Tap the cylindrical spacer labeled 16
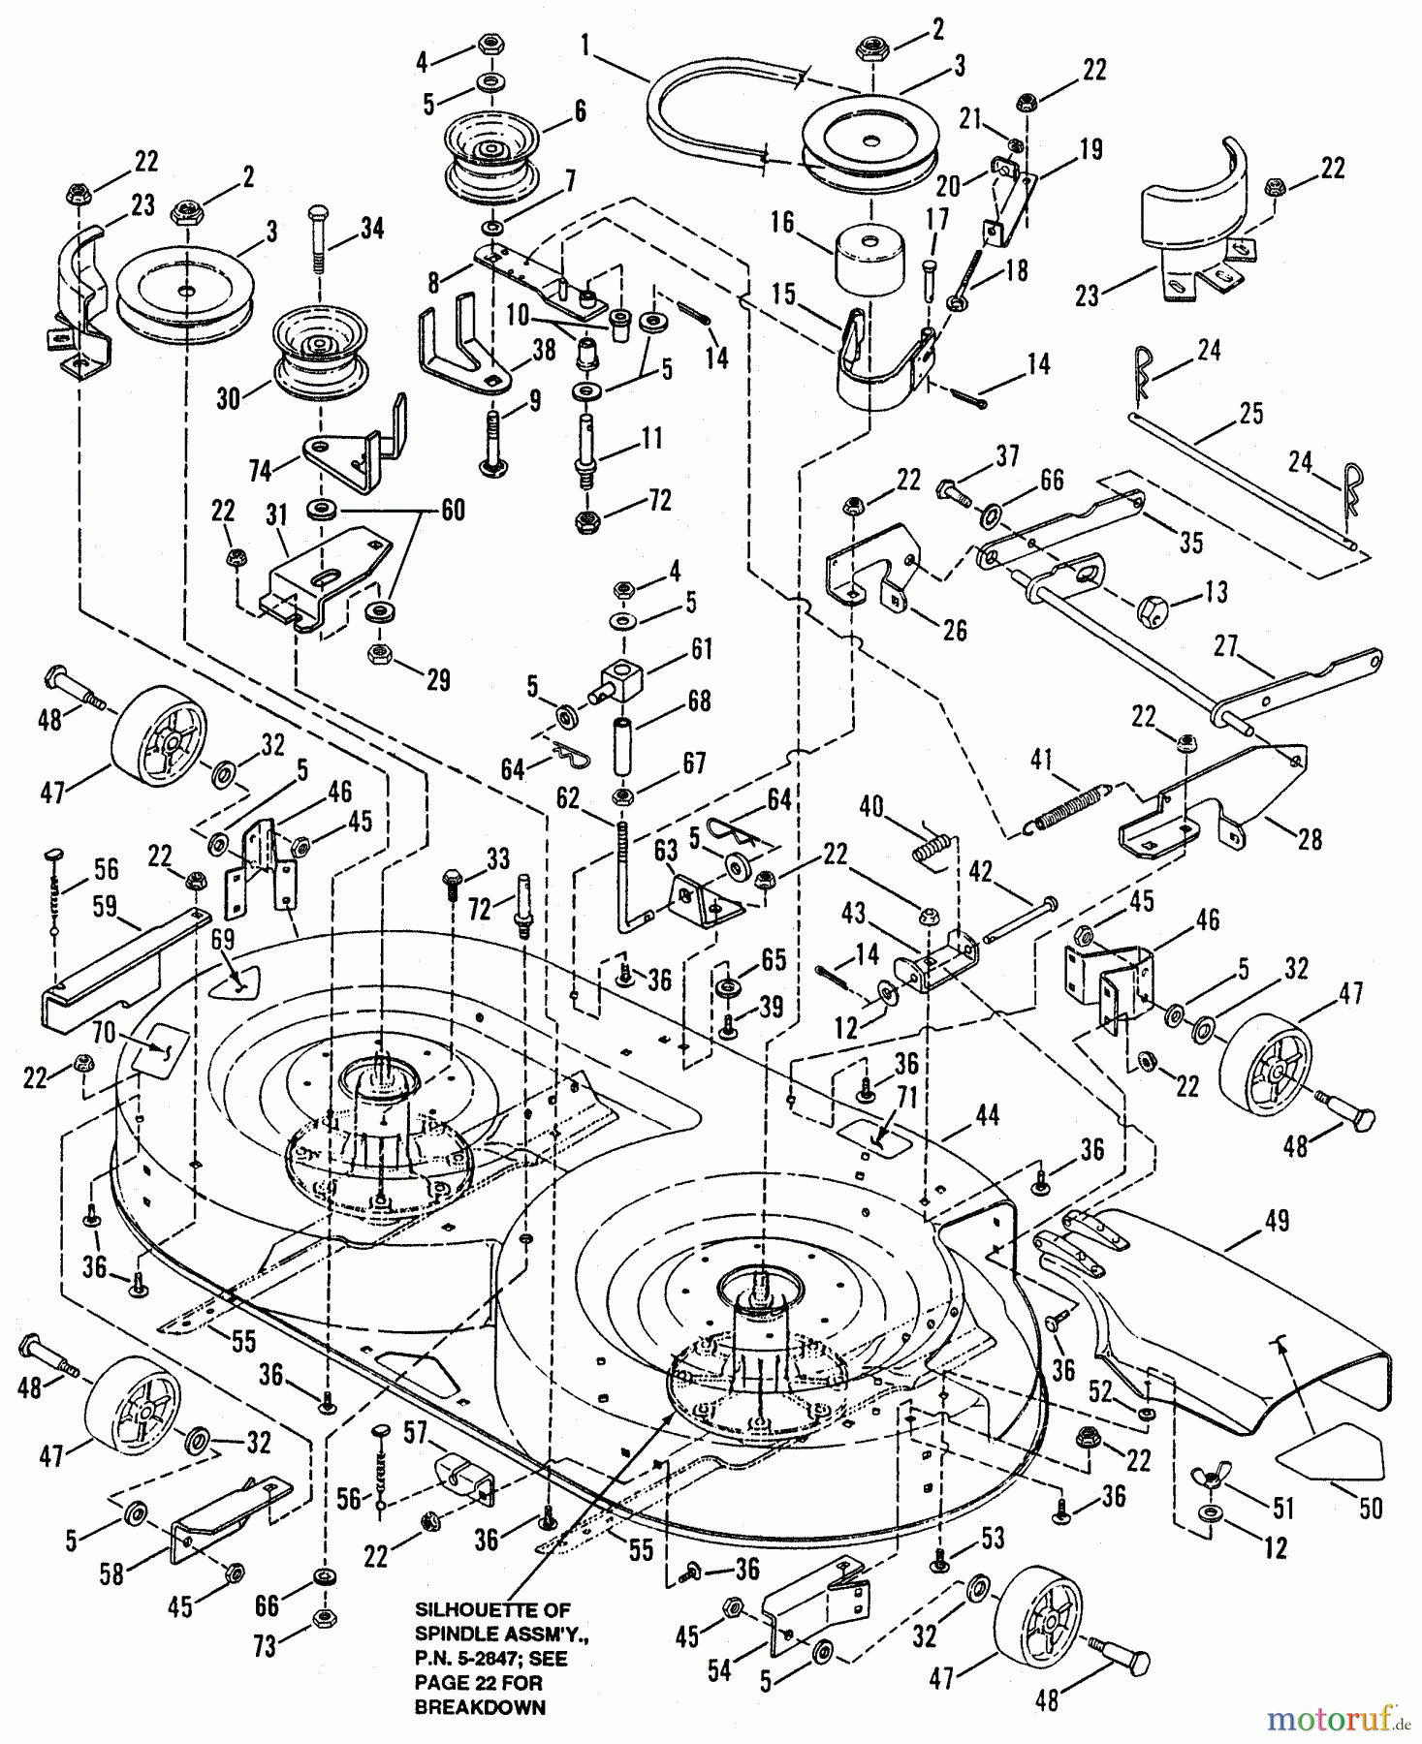[x=869, y=254]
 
